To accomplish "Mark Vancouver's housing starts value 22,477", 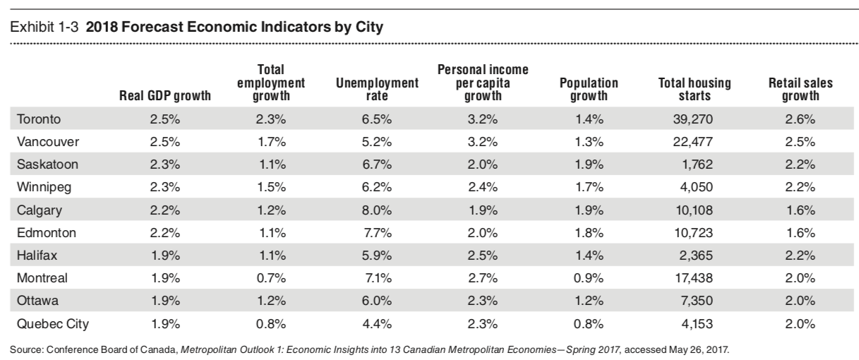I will [684, 140].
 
